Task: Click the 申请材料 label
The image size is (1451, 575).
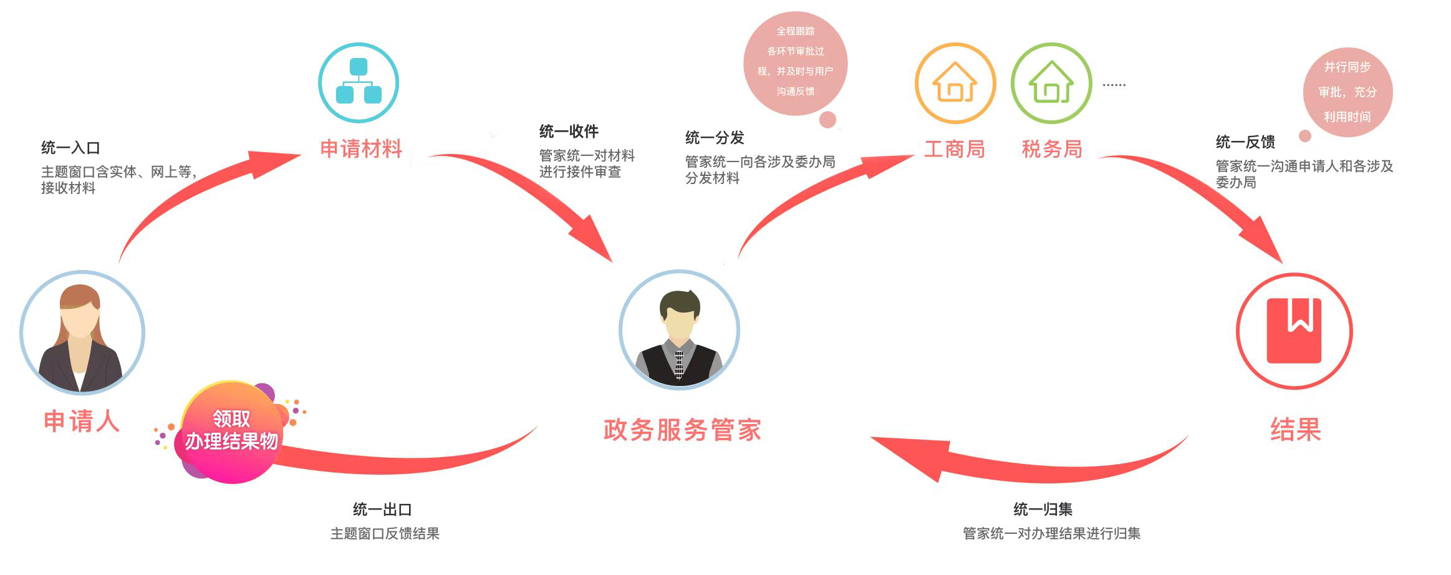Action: pos(360,149)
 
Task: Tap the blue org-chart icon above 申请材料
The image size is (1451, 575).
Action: pos(359,82)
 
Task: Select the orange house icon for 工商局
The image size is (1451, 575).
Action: pos(955,83)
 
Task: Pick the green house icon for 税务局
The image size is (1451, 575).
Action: pos(1051,83)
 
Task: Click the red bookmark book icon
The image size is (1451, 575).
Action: pos(1294,331)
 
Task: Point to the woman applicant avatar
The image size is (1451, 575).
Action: pos(82,332)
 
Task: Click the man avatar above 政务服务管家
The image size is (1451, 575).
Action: pos(679,331)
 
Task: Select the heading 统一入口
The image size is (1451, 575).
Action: pos(70,148)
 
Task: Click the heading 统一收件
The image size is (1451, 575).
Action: pos(569,132)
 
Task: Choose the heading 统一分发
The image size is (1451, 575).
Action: pos(715,138)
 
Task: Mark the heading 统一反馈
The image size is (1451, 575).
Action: pos(1245,142)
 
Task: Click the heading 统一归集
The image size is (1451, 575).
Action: pos(1043,510)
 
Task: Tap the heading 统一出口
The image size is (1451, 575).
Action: pos(382,510)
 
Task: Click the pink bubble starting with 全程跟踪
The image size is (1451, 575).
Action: pos(795,62)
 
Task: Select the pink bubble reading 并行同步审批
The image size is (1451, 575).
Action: pos(1347,92)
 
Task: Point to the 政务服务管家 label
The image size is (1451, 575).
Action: pos(682,430)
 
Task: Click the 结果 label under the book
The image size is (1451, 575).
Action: pos(1296,430)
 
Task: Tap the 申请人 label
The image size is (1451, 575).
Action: pos(82,421)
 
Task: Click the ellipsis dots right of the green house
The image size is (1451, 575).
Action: pos(1114,85)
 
